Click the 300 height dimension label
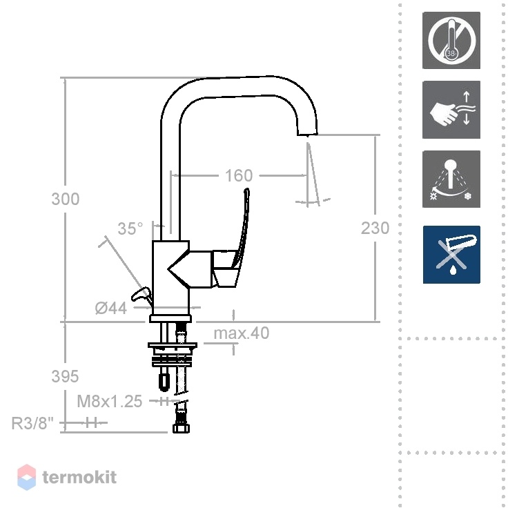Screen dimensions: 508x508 coord(66,199)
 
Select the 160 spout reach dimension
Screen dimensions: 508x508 coord(239,175)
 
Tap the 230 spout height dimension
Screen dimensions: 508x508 coord(375,228)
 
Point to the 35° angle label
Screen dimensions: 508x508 coord(130,228)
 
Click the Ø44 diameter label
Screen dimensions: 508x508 coord(111,308)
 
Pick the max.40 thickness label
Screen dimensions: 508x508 coord(242,333)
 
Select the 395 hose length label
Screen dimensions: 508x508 coord(65,376)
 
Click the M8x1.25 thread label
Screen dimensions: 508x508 coord(110,401)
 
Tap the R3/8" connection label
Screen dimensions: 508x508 coord(32,423)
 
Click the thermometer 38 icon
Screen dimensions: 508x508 coord(451,41)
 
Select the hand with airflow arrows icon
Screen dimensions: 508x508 coord(451,110)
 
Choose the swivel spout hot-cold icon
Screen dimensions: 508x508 coord(451,179)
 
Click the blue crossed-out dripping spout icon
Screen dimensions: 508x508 coord(451,255)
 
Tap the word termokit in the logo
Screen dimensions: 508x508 coord(79,477)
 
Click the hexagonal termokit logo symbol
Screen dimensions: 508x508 coord(26,477)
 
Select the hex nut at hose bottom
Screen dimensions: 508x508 coord(181,428)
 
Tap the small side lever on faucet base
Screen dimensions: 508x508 coord(141,295)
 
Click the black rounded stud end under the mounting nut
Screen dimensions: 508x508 coord(164,381)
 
